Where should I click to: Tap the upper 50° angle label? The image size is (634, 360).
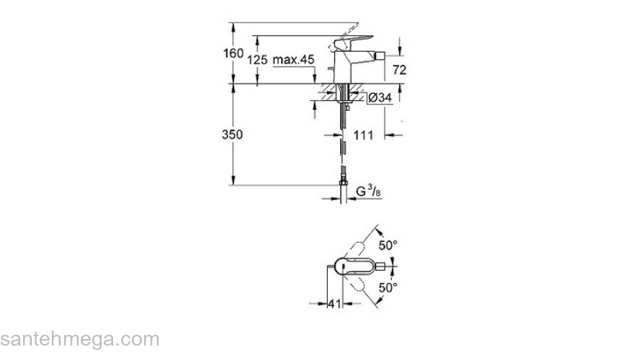point(388,246)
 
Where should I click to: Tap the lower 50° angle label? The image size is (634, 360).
point(388,287)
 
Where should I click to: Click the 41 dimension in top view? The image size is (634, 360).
point(333,305)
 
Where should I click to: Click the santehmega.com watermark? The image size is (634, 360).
point(79,338)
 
